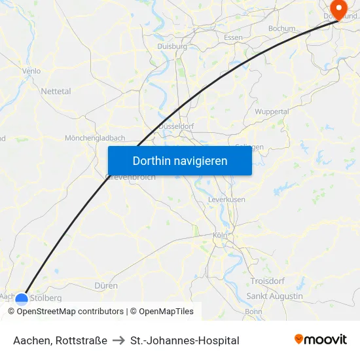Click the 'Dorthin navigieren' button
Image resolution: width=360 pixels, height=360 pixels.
(179, 160)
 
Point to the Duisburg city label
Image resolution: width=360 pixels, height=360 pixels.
(172, 46)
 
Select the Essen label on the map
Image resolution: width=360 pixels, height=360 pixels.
(233, 38)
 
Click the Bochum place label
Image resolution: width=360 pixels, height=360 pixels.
(282, 29)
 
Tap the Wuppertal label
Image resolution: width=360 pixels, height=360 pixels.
(272, 112)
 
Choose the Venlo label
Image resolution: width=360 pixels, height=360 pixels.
(31, 71)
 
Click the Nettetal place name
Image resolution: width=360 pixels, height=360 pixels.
(56, 92)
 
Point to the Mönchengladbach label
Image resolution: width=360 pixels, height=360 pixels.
(95, 138)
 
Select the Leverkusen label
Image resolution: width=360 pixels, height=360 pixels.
(226, 199)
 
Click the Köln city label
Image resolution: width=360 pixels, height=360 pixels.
(219, 236)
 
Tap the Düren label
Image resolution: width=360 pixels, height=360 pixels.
(106, 286)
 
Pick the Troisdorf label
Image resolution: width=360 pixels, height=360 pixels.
(268, 281)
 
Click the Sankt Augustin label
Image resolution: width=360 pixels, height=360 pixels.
(274, 296)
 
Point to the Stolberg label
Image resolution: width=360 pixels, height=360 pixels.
(46, 298)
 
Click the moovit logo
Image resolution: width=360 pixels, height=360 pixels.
(320, 339)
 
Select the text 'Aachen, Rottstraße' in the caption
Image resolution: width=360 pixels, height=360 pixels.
(60, 340)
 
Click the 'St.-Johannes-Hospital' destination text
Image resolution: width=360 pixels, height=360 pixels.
(185, 340)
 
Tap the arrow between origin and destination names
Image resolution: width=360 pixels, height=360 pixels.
(118, 340)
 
